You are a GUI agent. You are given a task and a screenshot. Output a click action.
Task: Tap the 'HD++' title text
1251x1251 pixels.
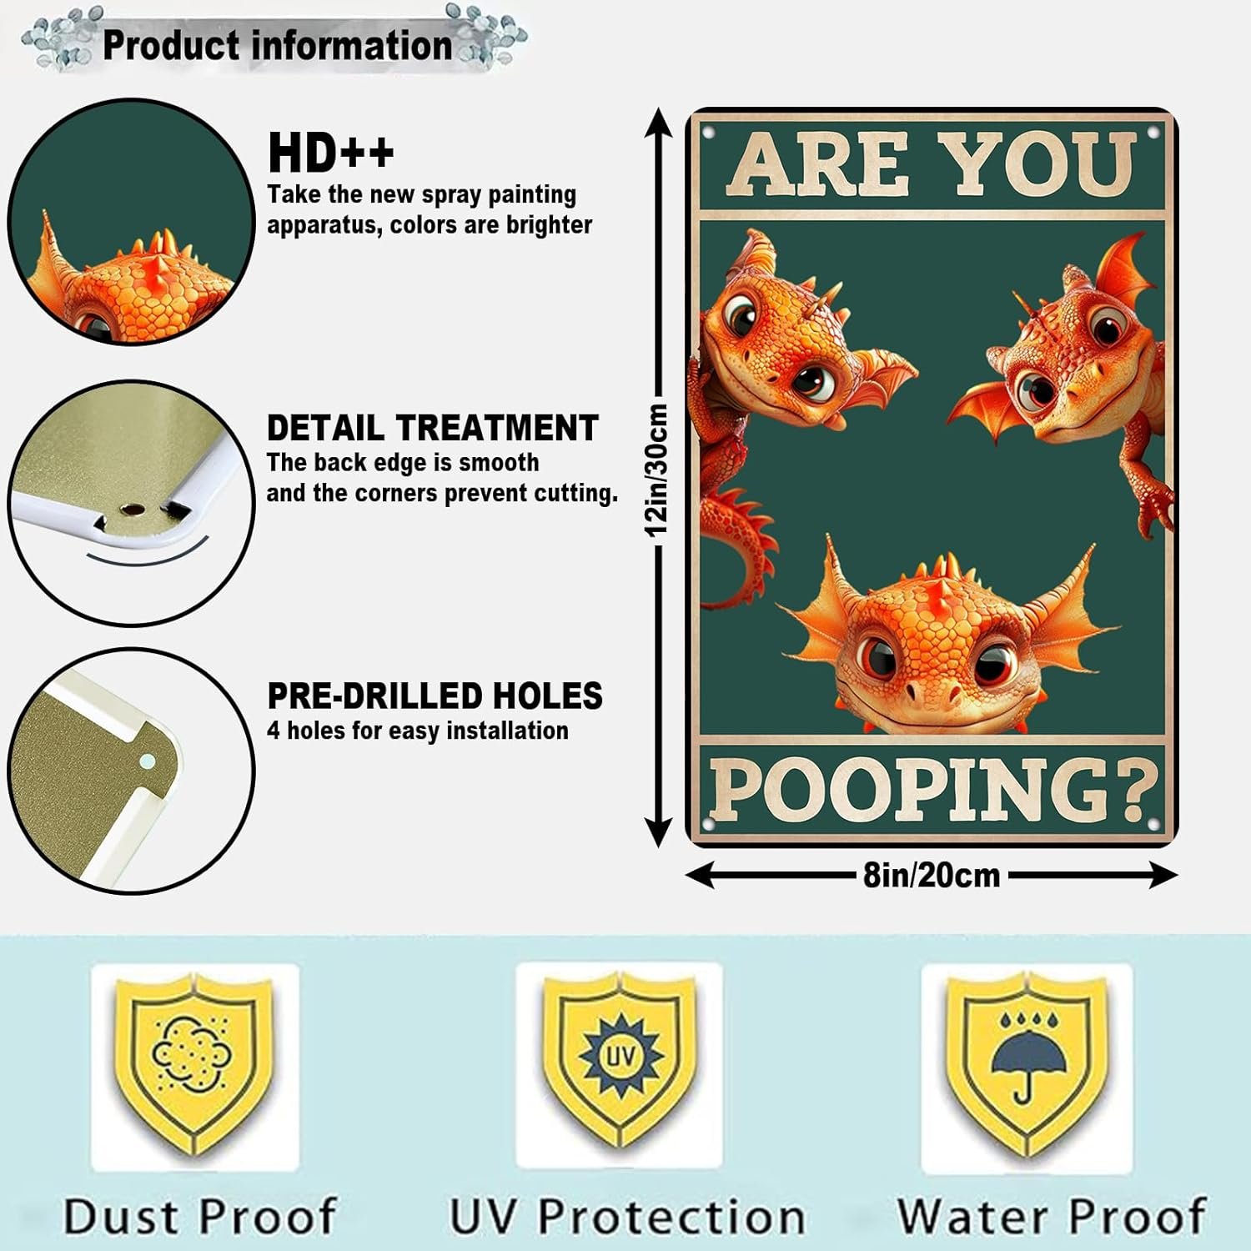coord(331,153)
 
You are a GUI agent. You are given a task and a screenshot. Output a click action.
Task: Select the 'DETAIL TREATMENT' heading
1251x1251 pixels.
coord(432,428)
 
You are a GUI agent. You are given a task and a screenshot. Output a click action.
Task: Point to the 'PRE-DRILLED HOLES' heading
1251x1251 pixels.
coord(435,696)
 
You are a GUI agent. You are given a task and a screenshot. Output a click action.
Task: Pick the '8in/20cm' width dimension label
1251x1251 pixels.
coord(931,875)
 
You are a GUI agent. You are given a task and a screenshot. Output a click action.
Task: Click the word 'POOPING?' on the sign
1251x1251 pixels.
coord(932,788)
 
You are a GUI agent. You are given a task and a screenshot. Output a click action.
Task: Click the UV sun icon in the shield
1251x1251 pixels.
coord(620,1057)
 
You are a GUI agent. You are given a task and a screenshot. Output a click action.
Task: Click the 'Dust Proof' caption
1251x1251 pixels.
coord(200,1216)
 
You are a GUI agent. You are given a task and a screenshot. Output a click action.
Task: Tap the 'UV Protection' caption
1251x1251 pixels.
coord(627,1216)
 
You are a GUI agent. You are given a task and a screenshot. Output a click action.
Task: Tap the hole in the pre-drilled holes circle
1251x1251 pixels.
coord(148,760)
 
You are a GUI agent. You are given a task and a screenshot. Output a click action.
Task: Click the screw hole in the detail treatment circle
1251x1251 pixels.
coord(131,508)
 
